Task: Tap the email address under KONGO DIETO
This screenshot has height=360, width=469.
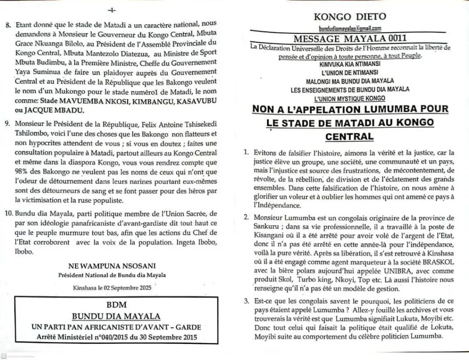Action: pos(349,28)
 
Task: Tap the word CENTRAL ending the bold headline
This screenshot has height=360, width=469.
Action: pos(350,136)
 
